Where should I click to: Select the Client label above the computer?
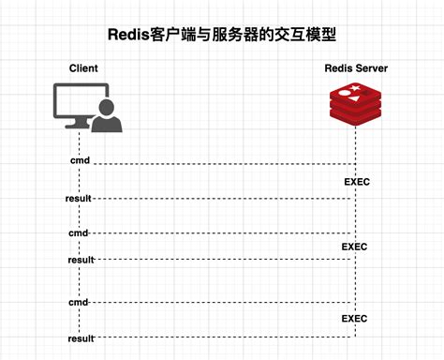click(x=83, y=68)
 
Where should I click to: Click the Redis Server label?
click(x=356, y=68)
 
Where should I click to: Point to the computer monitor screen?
click(x=77, y=103)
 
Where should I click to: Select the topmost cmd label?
click(x=81, y=161)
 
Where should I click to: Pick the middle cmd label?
click(x=79, y=232)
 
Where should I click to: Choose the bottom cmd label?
click(x=79, y=302)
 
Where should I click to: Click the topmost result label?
click(x=79, y=199)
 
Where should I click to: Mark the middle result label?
click(x=81, y=259)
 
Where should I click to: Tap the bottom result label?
click(x=81, y=337)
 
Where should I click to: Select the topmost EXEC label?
click(x=357, y=181)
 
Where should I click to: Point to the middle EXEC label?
click(x=354, y=247)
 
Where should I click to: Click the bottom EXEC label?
click(x=354, y=319)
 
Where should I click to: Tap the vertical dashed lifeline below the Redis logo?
click(x=356, y=216)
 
